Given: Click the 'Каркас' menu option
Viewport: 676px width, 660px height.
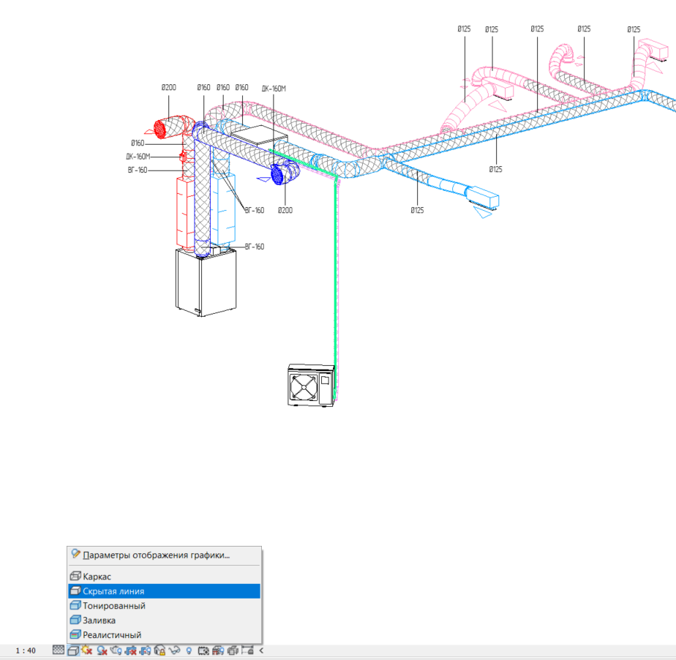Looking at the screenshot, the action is point(97,577).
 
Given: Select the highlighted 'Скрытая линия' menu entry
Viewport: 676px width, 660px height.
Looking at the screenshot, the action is point(113,591).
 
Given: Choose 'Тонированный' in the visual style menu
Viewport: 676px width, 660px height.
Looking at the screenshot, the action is point(114,606).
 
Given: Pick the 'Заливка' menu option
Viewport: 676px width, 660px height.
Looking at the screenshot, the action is point(99,620).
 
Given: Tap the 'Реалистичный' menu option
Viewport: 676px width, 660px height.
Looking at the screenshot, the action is point(112,635).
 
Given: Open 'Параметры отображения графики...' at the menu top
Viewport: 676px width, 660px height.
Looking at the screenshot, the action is point(156,555).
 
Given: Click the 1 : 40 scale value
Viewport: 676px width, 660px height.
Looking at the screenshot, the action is point(26,650).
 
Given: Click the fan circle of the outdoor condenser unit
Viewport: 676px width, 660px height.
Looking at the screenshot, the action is point(304,387).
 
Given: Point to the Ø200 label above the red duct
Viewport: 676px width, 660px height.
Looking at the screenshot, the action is point(168,88).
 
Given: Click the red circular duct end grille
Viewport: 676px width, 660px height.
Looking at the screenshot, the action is point(160,129).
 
